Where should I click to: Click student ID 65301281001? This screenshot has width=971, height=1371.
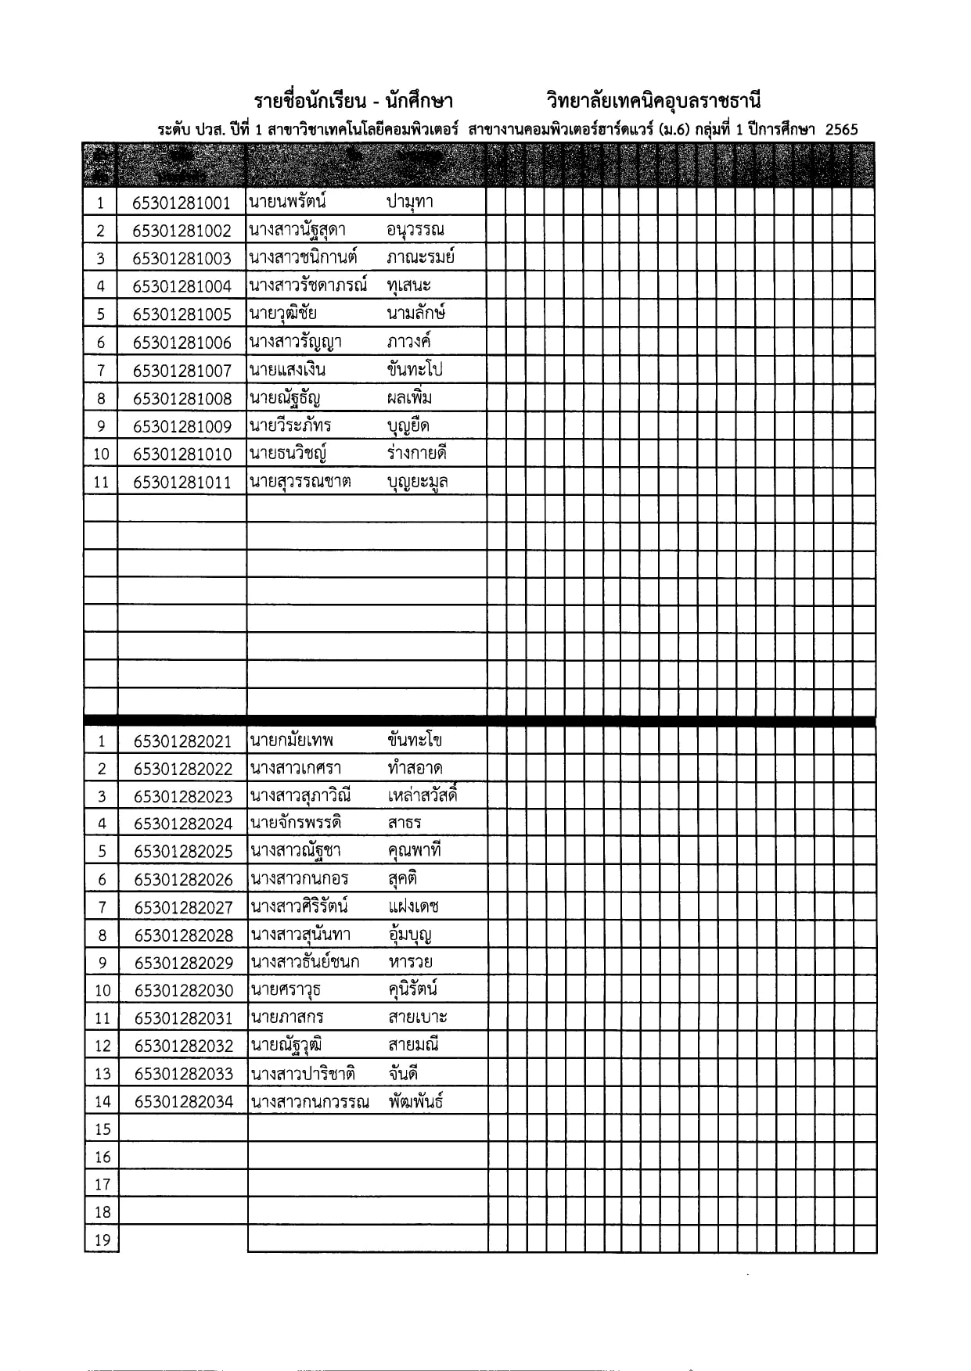[182, 203]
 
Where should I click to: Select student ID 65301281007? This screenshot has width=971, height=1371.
[182, 371]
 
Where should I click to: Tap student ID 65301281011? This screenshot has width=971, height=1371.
[182, 483]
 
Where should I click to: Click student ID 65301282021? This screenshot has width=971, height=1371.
[182, 741]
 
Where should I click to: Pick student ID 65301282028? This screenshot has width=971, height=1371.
[183, 935]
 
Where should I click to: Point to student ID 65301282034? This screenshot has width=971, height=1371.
[183, 1102]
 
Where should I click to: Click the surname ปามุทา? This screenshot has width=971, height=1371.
[409, 203]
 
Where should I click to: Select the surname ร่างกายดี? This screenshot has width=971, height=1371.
[416, 454]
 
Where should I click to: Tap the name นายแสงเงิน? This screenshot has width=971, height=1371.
[287, 370]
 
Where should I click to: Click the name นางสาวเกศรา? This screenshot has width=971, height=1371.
[296, 768]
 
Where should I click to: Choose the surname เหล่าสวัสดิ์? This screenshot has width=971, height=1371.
[422, 795]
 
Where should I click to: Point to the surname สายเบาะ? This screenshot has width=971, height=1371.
[417, 1017]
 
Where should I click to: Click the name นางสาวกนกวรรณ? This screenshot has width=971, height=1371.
[309, 1102]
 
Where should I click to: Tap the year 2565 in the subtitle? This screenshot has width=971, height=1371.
[841, 130]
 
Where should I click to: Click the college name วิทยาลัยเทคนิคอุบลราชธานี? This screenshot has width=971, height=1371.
[653, 101]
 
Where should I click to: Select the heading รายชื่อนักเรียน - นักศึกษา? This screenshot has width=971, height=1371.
[353, 101]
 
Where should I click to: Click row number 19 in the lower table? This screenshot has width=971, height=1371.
[102, 1240]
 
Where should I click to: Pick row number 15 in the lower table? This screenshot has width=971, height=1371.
[102, 1129]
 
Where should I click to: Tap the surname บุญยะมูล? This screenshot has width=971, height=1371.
[417, 482]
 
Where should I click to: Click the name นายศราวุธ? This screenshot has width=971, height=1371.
[286, 990]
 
